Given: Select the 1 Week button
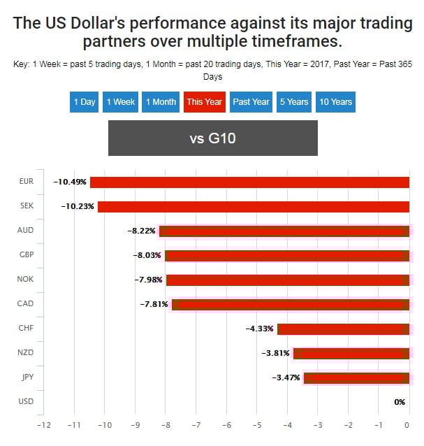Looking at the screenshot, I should pos(121,102).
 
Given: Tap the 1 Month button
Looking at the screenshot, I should pos(161,102).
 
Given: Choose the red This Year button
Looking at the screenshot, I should pos(204,102).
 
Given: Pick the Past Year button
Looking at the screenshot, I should pos(251,102).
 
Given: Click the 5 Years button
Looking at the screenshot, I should pos(294,102).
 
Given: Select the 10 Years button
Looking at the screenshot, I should pos(335,102).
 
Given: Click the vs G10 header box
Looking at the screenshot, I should pos(212,138).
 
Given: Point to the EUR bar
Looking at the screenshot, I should pos(249,182).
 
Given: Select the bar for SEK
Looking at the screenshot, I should pos(253,207).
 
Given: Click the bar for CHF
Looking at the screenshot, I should pos(343,329).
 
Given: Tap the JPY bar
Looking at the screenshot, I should pos(356,378).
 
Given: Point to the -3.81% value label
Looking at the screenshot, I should pos(275,353).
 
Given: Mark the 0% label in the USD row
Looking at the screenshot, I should pos(400,402).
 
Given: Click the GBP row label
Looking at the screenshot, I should pos(27,254).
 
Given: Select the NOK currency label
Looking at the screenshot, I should pos(27,279).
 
